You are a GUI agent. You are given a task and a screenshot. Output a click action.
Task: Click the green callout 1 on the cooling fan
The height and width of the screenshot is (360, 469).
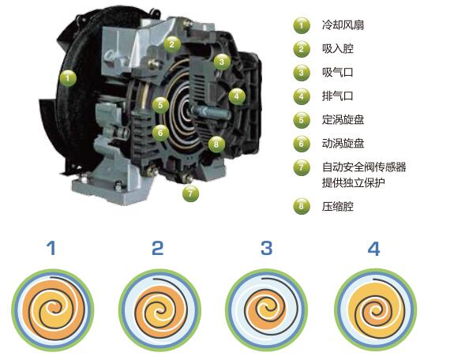[68, 78]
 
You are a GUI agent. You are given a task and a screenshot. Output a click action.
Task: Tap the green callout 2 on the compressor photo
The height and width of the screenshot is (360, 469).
[172, 44]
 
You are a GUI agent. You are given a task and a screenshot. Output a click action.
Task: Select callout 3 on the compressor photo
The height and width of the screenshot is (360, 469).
[222, 62]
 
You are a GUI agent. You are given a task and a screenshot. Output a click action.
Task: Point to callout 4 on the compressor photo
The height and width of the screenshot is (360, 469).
[237, 96]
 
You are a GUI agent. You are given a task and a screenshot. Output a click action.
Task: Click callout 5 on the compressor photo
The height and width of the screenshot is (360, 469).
[160, 105]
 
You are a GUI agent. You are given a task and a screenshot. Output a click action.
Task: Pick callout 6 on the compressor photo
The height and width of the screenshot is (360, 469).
[160, 132]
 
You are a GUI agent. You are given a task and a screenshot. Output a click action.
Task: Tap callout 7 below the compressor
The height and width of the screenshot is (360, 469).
[190, 193]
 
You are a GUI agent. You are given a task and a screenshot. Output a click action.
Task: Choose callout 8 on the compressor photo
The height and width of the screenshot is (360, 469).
[216, 144]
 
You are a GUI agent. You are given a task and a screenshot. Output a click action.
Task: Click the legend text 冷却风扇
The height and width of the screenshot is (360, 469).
[343, 24]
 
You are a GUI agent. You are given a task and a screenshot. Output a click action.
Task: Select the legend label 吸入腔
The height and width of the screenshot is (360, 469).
[338, 49]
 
